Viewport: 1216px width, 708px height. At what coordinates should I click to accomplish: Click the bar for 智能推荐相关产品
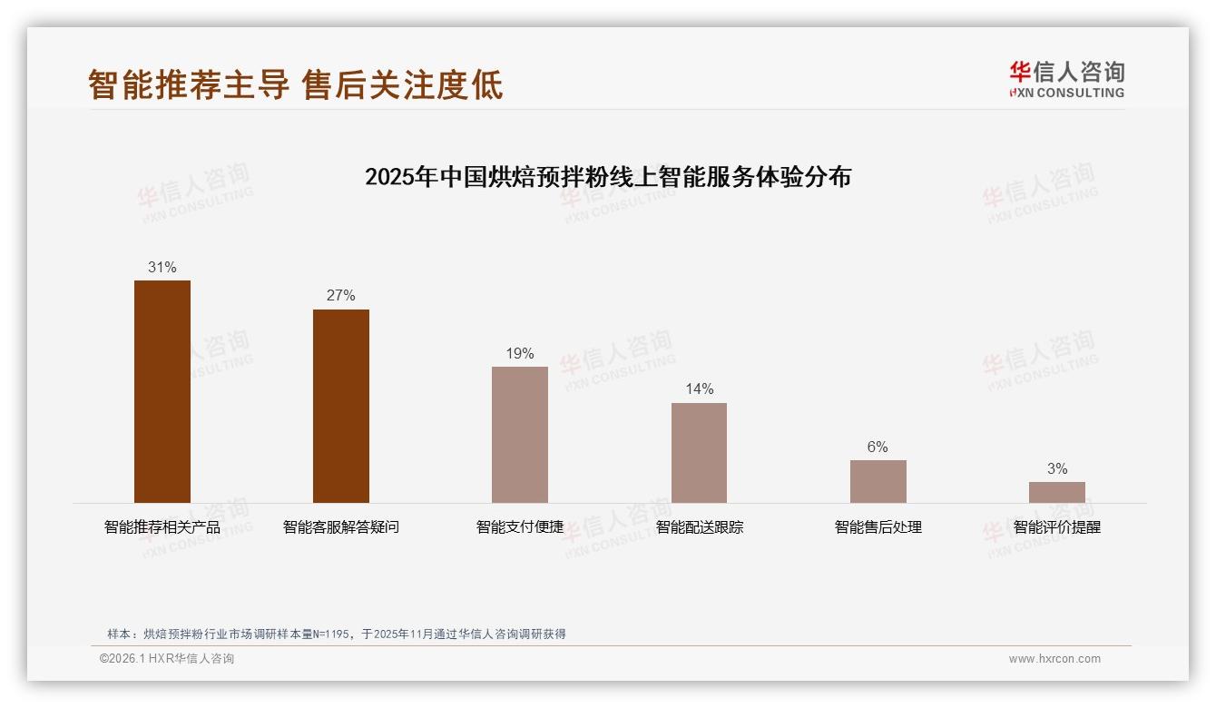[162, 391]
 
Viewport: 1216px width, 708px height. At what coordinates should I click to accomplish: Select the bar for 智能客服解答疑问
[341, 406]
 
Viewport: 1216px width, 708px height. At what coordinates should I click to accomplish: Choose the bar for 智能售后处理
[878, 481]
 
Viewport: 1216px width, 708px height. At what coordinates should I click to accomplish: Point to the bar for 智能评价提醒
[1056, 492]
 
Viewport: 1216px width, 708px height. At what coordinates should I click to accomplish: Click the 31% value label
[162, 268]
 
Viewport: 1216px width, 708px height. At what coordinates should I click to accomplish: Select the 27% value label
[341, 296]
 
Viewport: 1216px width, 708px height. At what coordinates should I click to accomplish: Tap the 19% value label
[520, 354]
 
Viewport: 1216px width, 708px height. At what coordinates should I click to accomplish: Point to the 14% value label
[699, 389]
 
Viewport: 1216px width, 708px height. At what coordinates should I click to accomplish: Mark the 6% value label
[878, 447]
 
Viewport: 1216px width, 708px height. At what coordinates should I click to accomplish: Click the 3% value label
[1056, 469]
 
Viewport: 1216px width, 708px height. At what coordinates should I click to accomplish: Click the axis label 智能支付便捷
[520, 527]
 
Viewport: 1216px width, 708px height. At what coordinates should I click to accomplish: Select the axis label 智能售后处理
[878, 527]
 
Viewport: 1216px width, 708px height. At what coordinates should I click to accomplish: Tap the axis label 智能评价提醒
[1056, 527]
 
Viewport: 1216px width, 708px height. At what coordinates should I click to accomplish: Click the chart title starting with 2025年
[608, 177]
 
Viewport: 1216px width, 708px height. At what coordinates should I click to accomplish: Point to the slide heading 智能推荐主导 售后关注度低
[296, 85]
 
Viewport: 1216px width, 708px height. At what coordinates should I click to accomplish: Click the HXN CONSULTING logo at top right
[1066, 80]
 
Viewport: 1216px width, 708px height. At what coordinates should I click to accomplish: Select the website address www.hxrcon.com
[1054, 659]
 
